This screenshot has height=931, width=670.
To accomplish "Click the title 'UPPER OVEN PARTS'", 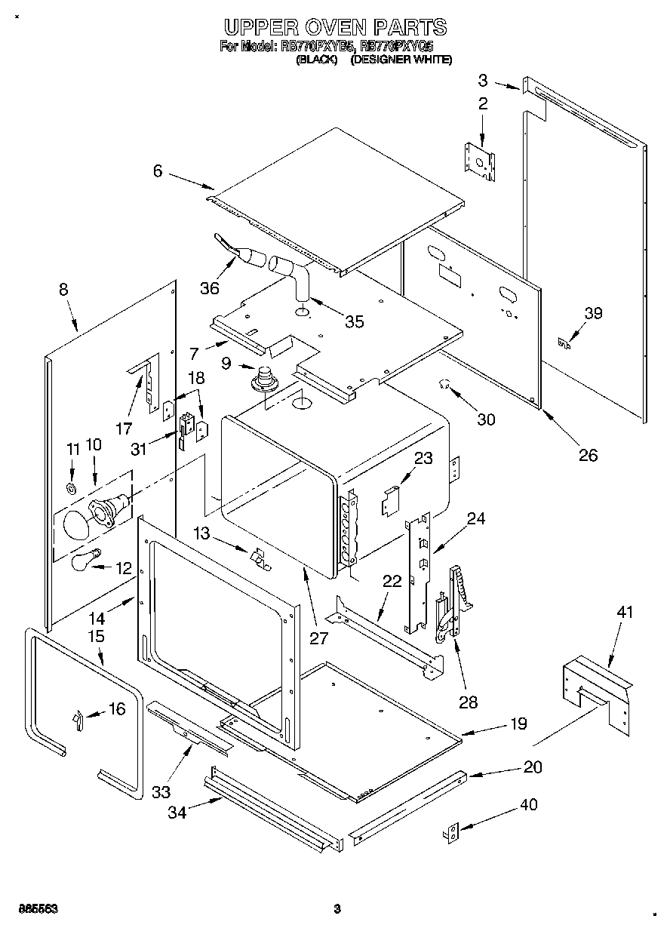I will pyautogui.click(x=335, y=27).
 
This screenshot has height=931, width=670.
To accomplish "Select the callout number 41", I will pyautogui.click(x=625, y=612).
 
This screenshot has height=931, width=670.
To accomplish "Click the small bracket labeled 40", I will pyautogui.click(x=450, y=831).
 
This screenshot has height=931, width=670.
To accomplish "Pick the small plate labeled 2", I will pyautogui.click(x=479, y=160).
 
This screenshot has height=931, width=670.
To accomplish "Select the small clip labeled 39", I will pyautogui.click(x=562, y=344).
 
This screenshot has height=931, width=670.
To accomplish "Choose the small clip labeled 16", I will pyautogui.click(x=77, y=720).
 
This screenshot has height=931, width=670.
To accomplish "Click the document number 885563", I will pyautogui.click(x=35, y=909).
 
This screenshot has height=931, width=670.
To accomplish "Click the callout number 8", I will pyautogui.click(x=63, y=289).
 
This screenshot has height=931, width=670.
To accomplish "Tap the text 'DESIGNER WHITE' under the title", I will pyautogui.click(x=401, y=60).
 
